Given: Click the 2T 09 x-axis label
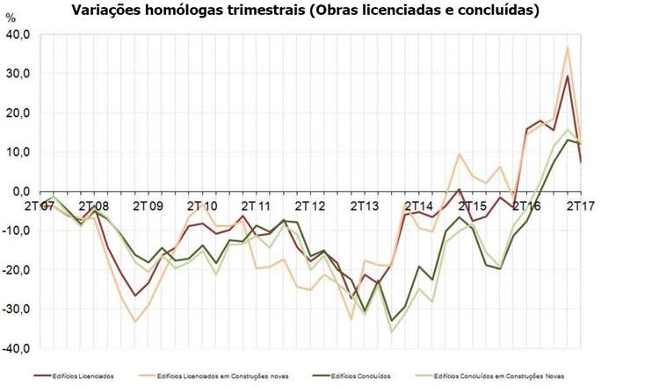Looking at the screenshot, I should (148, 206).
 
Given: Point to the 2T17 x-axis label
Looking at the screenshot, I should (581, 206).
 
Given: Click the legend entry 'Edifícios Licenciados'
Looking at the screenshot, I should (83, 376).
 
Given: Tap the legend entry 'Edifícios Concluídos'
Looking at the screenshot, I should (358, 376).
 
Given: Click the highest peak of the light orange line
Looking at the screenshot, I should (568, 47).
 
